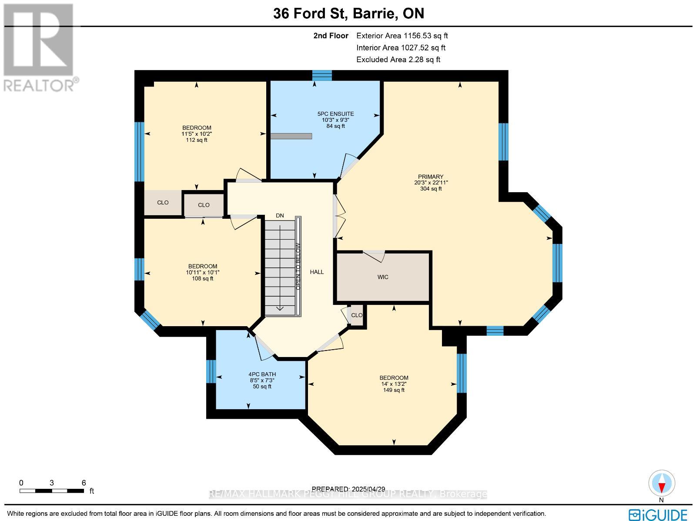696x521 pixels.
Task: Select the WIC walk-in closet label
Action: click(383, 277)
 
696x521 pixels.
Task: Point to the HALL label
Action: click(317, 272)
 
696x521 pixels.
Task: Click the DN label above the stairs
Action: click(280, 216)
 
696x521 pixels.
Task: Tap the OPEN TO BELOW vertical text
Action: click(298, 266)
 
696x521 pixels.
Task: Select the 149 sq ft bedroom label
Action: click(394, 384)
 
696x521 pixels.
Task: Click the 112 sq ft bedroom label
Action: click(196, 134)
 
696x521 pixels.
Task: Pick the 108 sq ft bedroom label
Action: click(202, 272)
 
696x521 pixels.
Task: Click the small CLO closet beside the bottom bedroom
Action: click(357, 315)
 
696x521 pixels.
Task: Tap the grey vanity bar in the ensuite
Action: click(291, 136)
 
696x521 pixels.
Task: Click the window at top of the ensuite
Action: click(322, 76)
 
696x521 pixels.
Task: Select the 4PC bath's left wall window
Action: click(211, 371)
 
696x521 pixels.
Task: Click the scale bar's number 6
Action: click(84, 483)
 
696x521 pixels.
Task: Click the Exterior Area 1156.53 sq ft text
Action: click(402, 36)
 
